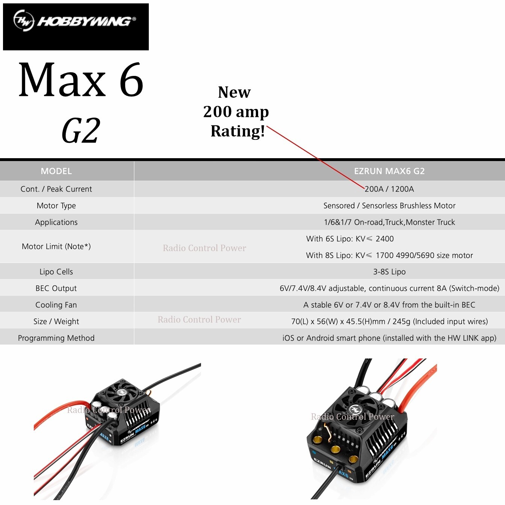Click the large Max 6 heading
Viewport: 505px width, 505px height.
pyautogui.click(x=81, y=80)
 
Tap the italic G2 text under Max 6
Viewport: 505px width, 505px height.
pyautogui.click(x=81, y=130)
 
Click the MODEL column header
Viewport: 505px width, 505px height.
pyautogui.click(x=56, y=171)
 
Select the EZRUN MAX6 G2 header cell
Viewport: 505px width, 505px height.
pyautogui.click(x=389, y=171)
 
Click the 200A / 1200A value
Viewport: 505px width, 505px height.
pyautogui.click(x=389, y=189)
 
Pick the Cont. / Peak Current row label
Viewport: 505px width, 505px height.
pyautogui.click(x=56, y=189)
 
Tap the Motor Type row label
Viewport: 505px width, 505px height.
pyautogui.click(x=56, y=206)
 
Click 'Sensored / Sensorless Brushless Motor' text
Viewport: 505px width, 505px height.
pyautogui.click(x=389, y=206)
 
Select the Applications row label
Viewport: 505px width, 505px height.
pyautogui.click(x=56, y=222)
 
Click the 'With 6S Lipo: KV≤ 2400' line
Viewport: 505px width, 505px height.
pyautogui.click(x=350, y=239)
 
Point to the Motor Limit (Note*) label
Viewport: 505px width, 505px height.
pyautogui.click(x=56, y=246)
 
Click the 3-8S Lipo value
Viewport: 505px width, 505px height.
pyautogui.click(x=389, y=272)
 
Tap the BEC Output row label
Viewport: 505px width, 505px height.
pyautogui.click(x=56, y=288)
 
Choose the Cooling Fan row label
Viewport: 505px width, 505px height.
pyautogui.click(x=56, y=305)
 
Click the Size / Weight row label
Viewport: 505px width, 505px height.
pyautogui.click(x=56, y=321)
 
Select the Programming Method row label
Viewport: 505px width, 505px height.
pyautogui.click(x=56, y=338)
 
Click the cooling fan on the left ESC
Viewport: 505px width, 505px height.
pyautogui.click(x=122, y=393)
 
